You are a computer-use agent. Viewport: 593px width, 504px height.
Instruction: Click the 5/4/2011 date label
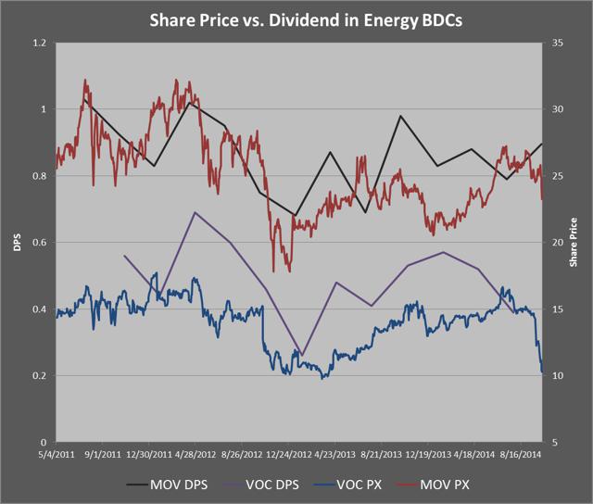click(x=57, y=455)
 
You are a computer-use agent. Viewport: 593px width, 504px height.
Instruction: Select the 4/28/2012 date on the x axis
click(x=196, y=455)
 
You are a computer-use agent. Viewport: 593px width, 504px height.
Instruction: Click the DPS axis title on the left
click(x=13, y=243)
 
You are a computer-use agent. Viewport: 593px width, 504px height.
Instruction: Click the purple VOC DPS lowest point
click(x=301, y=354)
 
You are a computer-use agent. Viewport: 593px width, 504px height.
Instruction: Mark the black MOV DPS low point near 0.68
click(x=295, y=215)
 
